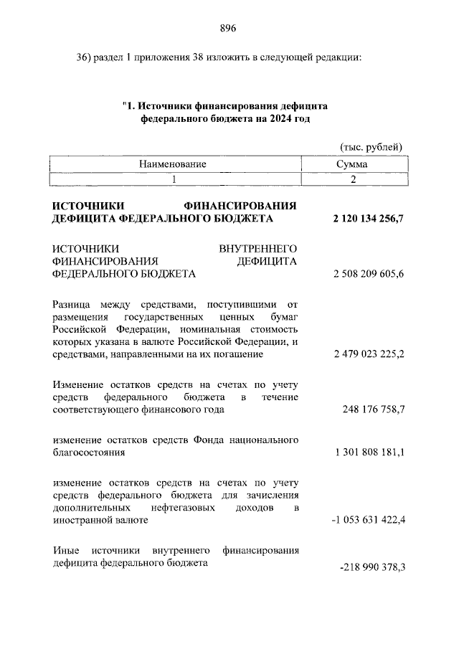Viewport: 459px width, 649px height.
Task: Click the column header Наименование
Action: coord(173,164)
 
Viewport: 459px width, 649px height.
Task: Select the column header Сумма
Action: coord(352,164)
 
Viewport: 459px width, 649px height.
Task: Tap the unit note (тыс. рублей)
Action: coord(371,147)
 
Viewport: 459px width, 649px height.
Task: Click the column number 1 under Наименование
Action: coord(173,179)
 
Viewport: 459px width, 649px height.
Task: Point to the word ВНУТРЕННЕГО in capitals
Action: coord(257,248)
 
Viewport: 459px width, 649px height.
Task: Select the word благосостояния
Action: coord(90,453)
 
